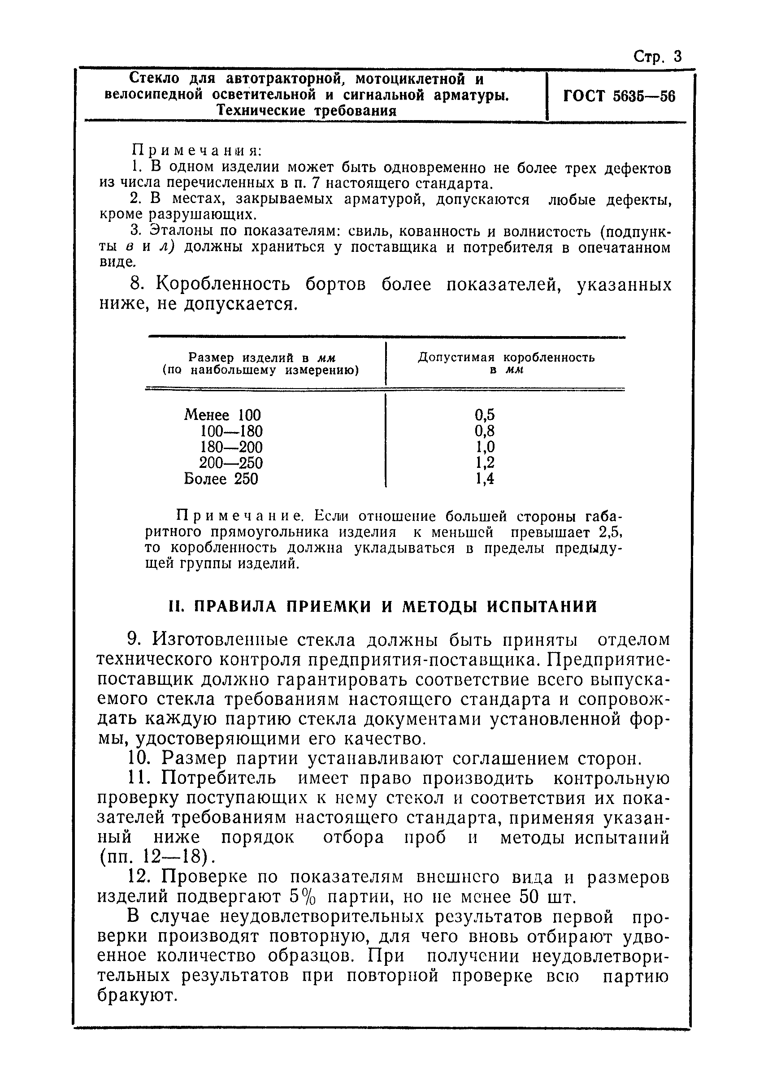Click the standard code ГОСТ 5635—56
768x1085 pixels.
point(620,96)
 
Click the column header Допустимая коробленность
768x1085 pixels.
point(506,358)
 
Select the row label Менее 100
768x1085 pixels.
point(222,415)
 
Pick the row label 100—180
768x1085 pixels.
point(232,431)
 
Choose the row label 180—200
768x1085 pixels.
point(232,447)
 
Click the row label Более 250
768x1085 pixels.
point(221,479)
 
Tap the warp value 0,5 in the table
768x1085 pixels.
point(485,415)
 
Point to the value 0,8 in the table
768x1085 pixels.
point(485,431)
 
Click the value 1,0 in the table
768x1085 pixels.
point(485,447)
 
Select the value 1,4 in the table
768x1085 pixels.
point(485,479)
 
